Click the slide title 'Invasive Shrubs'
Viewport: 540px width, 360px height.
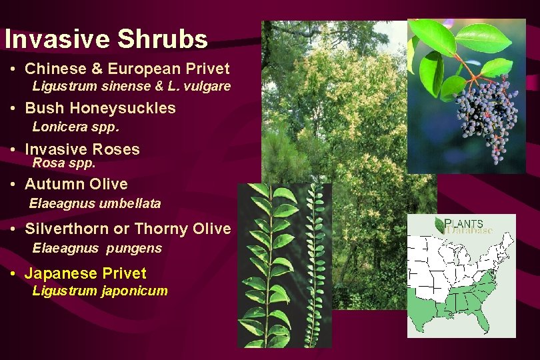pyautogui.click(x=106, y=39)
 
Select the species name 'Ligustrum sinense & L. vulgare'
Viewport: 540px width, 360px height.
pyautogui.click(x=131, y=86)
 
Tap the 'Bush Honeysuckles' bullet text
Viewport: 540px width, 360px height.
pyautogui.click(x=100, y=108)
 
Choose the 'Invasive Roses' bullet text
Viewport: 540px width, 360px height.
pyautogui.click(x=82, y=149)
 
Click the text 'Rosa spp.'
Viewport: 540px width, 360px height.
pyautogui.click(x=64, y=162)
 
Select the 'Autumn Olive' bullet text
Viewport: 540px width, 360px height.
pyautogui.click(x=76, y=184)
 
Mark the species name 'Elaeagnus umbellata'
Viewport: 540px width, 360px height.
pyautogui.click(x=95, y=203)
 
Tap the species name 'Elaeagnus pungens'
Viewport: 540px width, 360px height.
pyautogui.click(x=97, y=248)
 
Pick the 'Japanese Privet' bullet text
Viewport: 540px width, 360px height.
pyautogui.click(x=85, y=273)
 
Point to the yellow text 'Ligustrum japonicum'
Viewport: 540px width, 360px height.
pyautogui.click(x=100, y=291)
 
